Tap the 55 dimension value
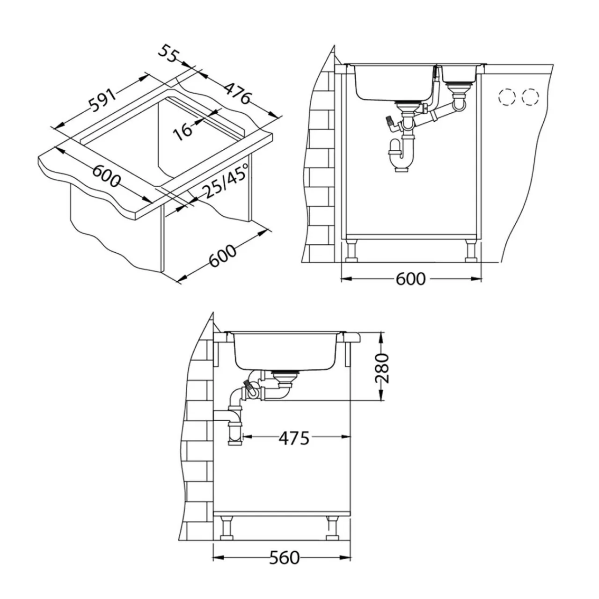point(169,54)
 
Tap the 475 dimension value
point(294,438)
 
